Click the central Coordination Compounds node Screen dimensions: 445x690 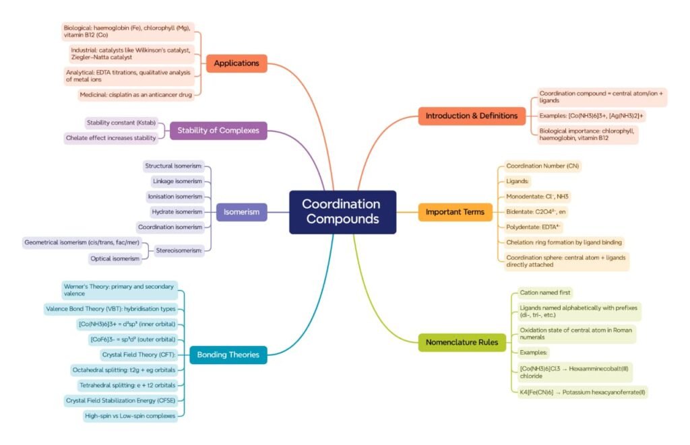[x=342, y=212]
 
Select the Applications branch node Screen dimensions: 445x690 [x=237, y=63]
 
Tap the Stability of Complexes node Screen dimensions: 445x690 [x=218, y=130]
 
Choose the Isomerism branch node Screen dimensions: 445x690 [x=242, y=212]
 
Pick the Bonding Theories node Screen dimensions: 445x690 [x=228, y=354]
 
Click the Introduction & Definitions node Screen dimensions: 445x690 [x=472, y=116]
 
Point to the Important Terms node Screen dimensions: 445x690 [x=455, y=212]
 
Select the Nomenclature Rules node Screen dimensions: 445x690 [x=462, y=343]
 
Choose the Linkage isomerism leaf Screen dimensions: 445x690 [x=177, y=181]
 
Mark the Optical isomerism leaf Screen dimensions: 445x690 [x=115, y=259]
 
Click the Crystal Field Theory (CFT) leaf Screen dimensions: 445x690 [x=138, y=354]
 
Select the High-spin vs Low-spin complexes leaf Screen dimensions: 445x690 [x=130, y=416]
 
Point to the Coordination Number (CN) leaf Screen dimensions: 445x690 [x=542, y=166]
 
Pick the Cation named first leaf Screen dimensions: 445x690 [x=545, y=293]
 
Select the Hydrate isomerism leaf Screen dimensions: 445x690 [x=177, y=211]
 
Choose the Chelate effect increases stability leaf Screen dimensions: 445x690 [x=111, y=138]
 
